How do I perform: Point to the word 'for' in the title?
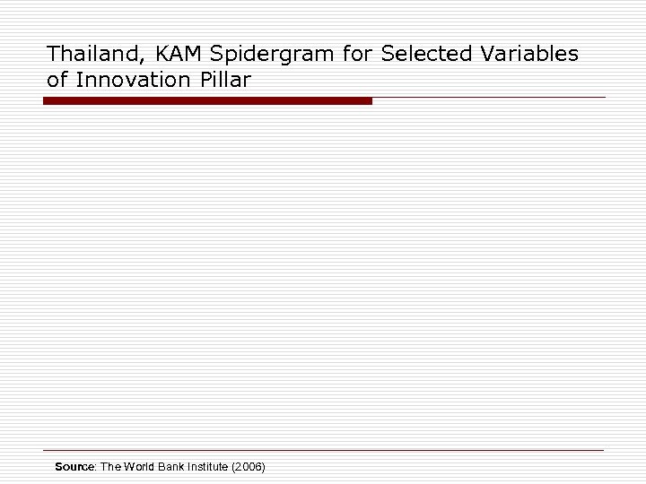tap(357, 54)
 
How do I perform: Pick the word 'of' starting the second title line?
tap(57, 79)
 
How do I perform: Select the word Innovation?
tap(132, 79)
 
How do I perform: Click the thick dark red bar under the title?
tap(207, 101)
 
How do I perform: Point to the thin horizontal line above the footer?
tap(323, 449)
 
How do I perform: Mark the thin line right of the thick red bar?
tap(489, 97)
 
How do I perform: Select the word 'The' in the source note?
tap(110, 467)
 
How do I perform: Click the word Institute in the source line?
tap(212, 467)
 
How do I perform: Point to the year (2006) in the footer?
tap(249, 467)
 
